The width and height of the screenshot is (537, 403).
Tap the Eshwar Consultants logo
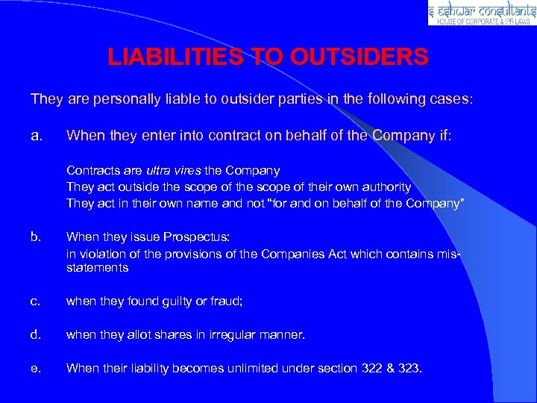(x=482, y=13)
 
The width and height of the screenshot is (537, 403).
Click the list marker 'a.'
(x=37, y=137)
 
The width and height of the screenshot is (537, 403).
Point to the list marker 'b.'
(x=36, y=237)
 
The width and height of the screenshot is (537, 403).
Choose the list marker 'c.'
(x=35, y=302)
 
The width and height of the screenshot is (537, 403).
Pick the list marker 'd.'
(x=36, y=334)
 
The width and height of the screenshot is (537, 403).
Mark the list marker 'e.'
(x=36, y=367)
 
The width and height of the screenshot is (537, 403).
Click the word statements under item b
(x=97, y=267)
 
